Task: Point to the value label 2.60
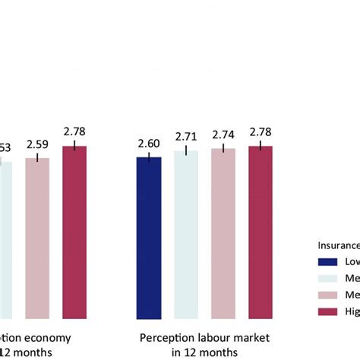(149, 142)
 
